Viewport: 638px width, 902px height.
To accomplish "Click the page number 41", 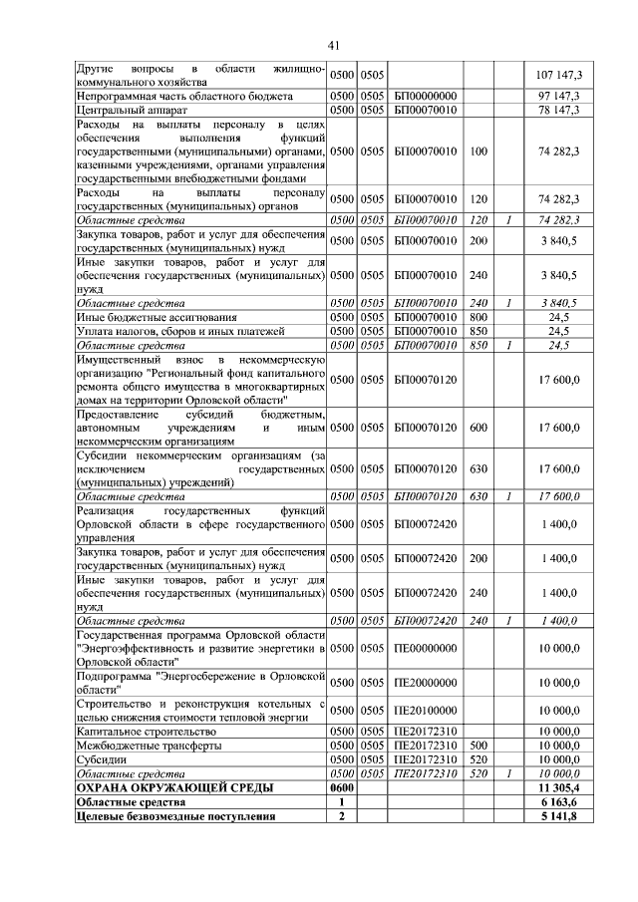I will click(x=333, y=43).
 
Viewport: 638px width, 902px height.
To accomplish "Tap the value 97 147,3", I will click(x=565, y=96).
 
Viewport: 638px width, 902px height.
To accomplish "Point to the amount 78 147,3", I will click(x=565, y=110).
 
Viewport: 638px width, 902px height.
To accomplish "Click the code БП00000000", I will click(x=426, y=96).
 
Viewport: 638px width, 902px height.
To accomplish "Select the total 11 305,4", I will click(x=563, y=787).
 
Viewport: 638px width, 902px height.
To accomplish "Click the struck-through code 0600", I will click(x=343, y=787).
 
